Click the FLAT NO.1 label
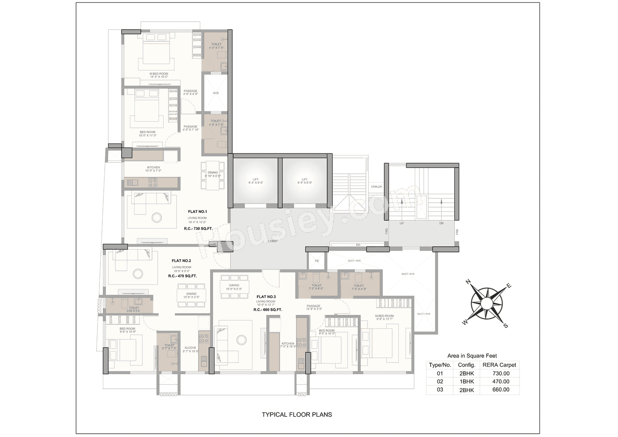(198, 211)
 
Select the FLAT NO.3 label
(266, 296)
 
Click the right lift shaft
(305, 181)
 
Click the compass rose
(486, 303)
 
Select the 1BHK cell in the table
(466, 381)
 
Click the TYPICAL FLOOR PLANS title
(296, 414)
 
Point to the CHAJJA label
(377, 186)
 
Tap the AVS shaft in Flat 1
(216, 93)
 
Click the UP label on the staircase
(401, 224)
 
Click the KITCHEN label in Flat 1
(153, 168)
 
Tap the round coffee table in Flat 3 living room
(241, 340)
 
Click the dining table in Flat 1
(213, 172)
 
